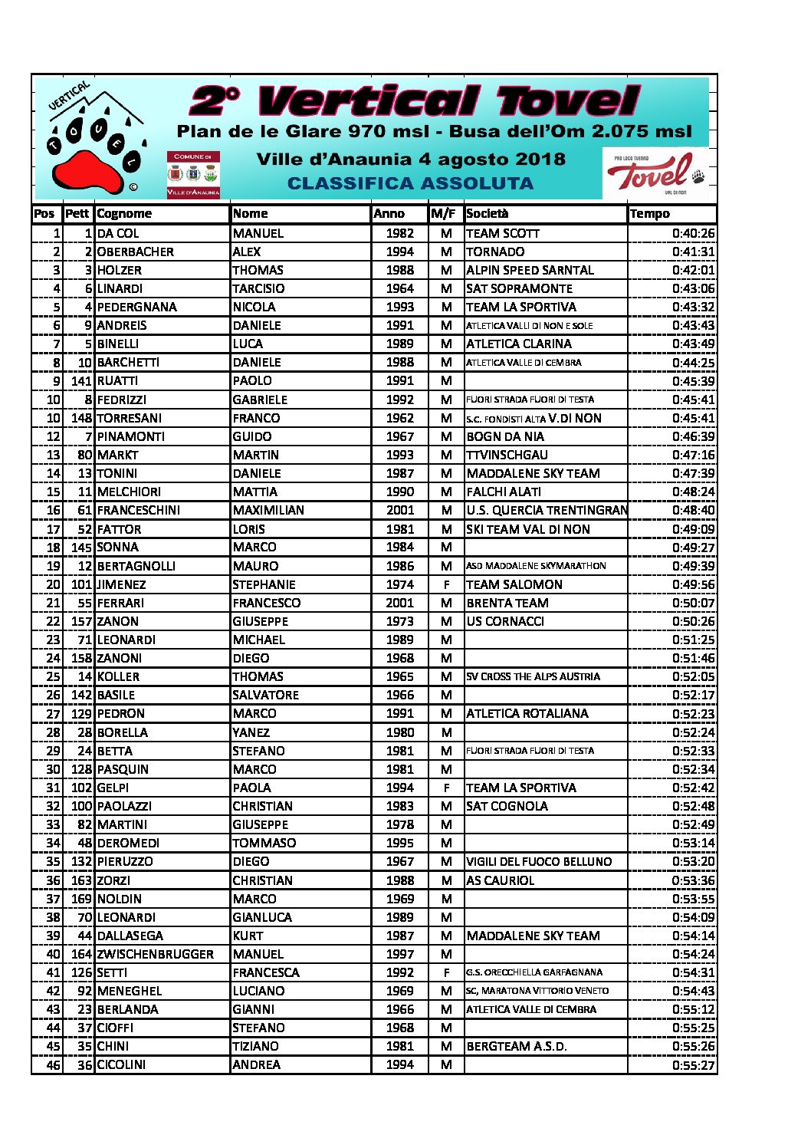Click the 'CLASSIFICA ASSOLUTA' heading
[410, 184]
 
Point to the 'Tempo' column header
[649, 214]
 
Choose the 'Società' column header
[487, 214]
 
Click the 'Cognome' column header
[124, 214]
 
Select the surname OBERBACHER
[136, 252]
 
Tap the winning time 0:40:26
[693, 233]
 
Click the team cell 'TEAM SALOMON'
[514, 584]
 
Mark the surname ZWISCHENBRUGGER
[156, 954]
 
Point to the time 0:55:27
[693, 1065]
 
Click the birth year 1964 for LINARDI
[399, 288]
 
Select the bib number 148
[81, 418]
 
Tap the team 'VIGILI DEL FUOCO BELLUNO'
[539, 862]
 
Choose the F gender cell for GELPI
[446, 788]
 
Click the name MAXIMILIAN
[268, 510]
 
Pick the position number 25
[53, 676]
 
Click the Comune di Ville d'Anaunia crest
[193, 174]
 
